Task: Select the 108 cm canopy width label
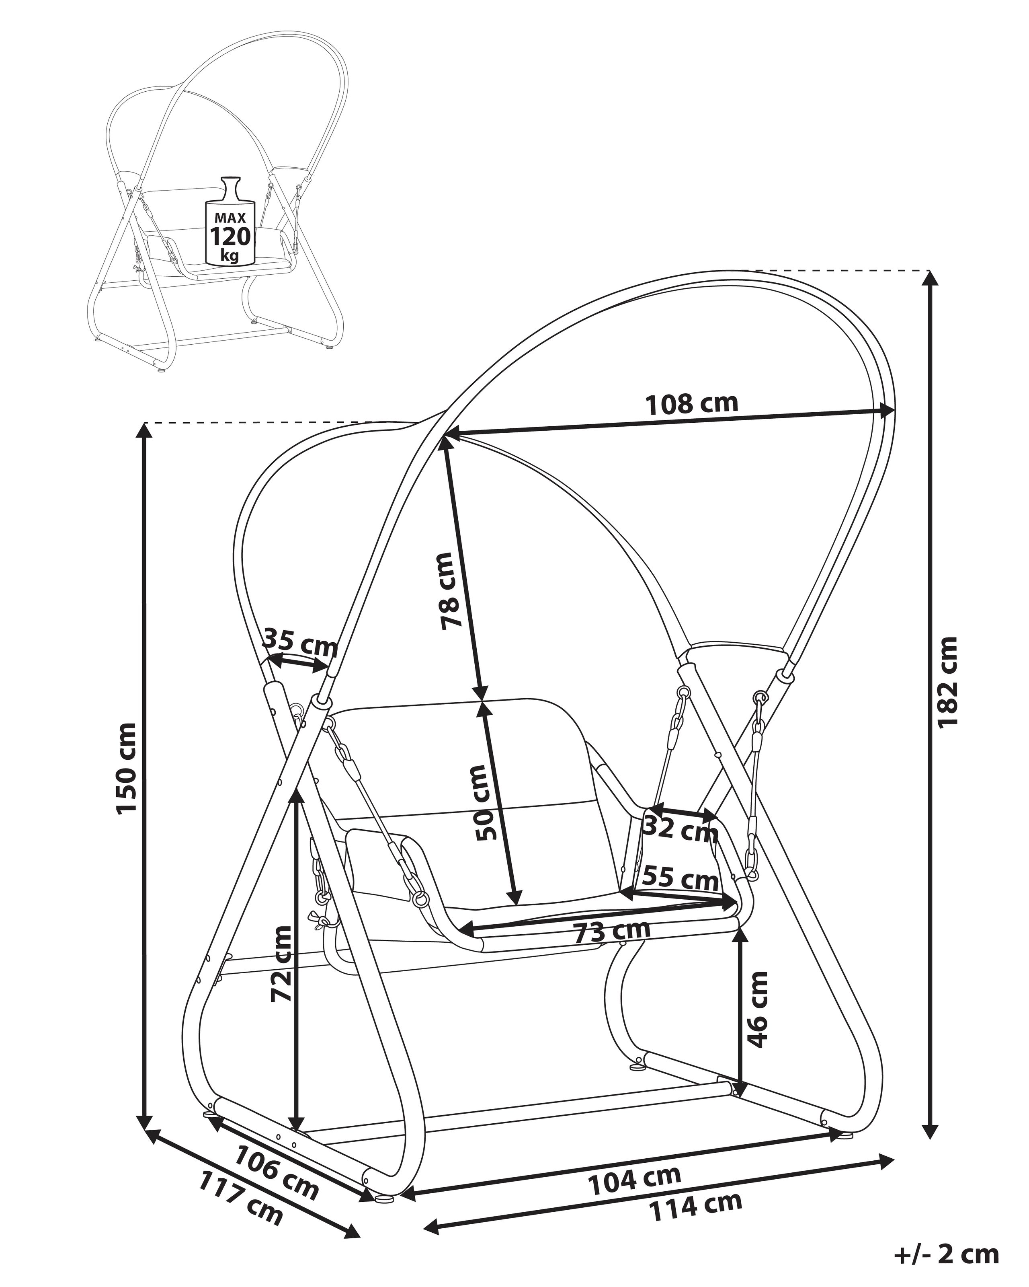coord(692,404)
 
